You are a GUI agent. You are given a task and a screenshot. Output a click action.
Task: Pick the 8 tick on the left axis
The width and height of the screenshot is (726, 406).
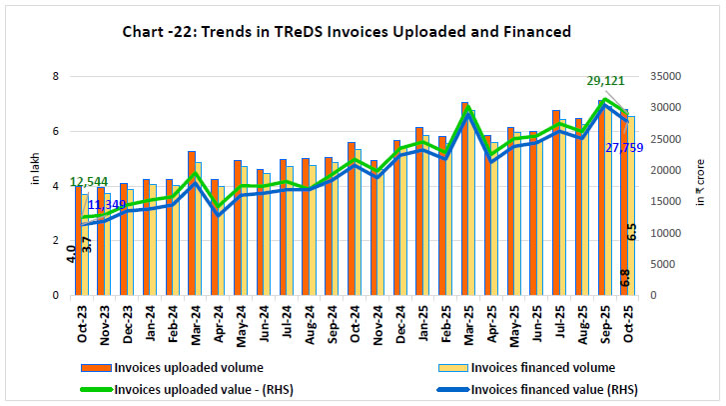56,77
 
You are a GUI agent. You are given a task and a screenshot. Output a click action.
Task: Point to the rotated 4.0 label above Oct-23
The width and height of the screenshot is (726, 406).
71,254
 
